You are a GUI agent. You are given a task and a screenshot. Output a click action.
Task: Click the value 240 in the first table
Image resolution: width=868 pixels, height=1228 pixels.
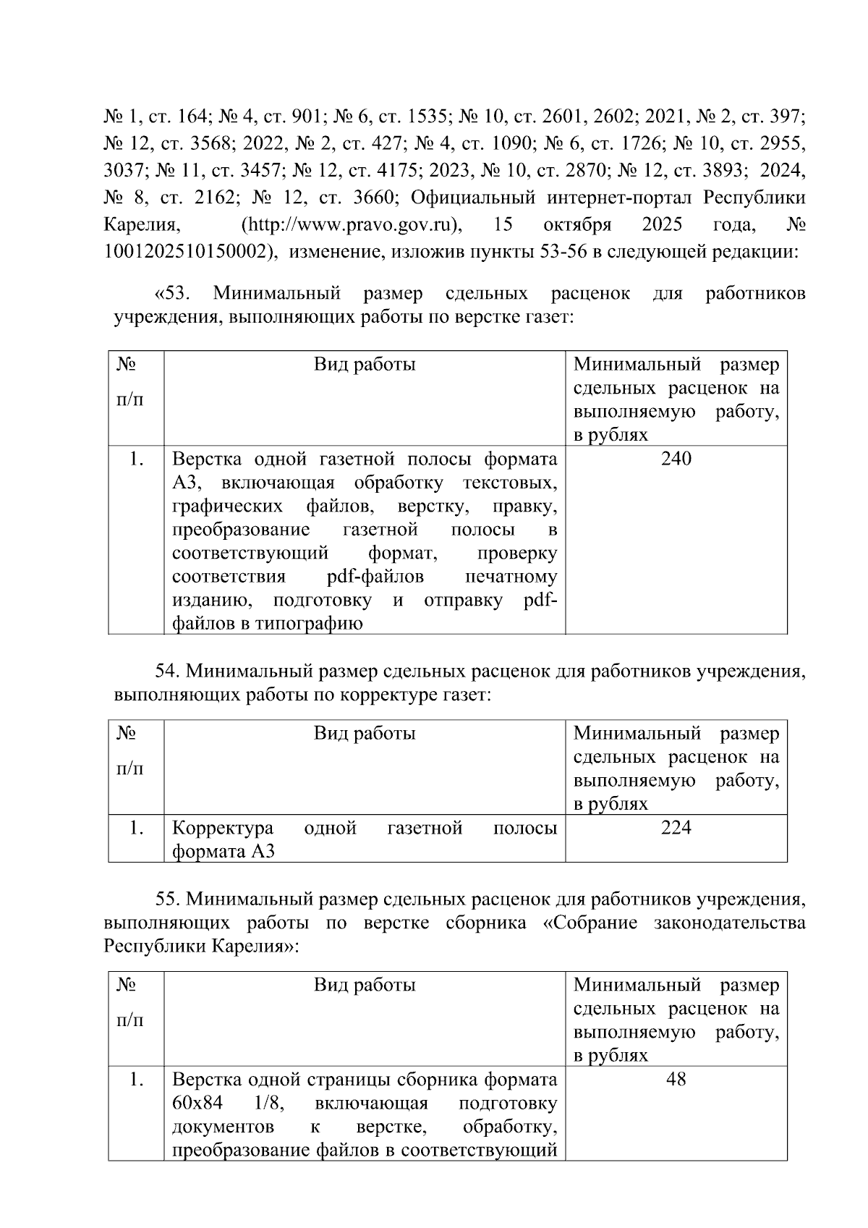point(676,459)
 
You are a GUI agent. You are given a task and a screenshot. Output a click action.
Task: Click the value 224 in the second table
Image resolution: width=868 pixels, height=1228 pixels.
point(676,828)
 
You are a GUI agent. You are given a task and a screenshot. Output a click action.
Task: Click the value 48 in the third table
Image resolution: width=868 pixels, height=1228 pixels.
point(676,1080)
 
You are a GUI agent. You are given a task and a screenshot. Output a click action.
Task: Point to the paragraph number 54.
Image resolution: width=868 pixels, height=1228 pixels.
point(168,672)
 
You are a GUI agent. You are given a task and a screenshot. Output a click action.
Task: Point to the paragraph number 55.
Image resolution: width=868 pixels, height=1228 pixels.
point(168,899)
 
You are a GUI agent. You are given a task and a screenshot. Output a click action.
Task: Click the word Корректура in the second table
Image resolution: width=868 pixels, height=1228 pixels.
point(223,828)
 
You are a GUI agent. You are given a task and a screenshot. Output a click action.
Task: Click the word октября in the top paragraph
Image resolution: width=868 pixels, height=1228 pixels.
point(576,225)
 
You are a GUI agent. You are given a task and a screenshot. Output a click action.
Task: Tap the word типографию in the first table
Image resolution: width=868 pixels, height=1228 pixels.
point(308,623)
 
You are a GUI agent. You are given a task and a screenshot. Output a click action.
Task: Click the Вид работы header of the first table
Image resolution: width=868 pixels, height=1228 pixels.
point(365,364)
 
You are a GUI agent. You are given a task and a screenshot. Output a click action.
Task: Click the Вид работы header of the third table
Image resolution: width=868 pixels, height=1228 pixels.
point(365,985)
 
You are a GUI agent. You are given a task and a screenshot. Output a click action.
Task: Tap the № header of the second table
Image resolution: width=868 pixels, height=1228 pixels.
point(127,734)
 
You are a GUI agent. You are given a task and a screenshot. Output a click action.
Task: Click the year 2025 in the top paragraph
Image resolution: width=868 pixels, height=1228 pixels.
point(661,225)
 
